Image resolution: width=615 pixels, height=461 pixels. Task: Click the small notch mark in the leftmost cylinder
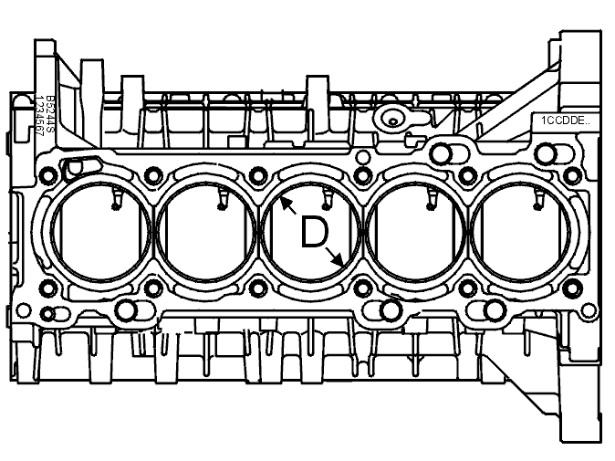pyautogui.click(x=114, y=204)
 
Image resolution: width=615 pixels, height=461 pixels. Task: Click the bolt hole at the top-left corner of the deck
pyautogui.click(x=47, y=174)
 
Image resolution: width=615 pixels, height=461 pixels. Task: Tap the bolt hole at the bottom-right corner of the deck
pyautogui.click(x=572, y=290)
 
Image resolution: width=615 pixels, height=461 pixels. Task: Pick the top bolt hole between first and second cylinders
pyautogui.click(x=152, y=173)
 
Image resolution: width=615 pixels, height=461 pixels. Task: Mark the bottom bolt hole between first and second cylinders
pyautogui.click(x=152, y=291)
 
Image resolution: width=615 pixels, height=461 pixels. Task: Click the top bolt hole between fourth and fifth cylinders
pyautogui.click(x=467, y=173)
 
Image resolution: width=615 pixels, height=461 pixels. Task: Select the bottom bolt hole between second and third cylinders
pyautogui.click(x=257, y=291)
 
